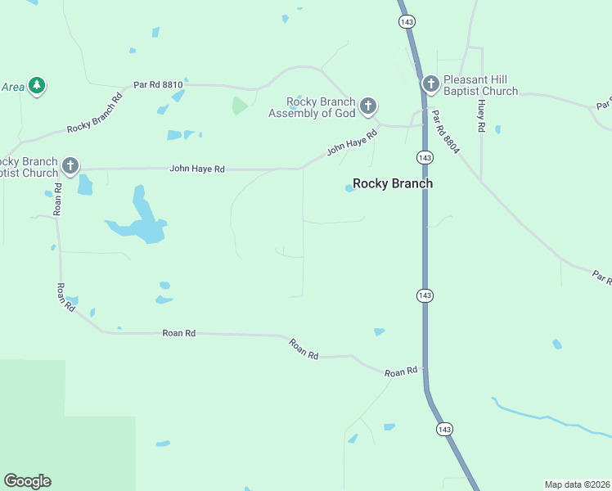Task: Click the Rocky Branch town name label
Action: [x=392, y=184]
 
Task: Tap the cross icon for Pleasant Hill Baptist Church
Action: [x=430, y=83]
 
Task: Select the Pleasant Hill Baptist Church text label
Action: [x=480, y=86]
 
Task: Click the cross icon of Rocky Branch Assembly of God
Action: [x=368, y=105]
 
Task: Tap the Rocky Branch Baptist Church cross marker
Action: [x=70, y=166]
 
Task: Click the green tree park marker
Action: [x=36, y=85]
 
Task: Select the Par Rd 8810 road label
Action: [x=159, y=85]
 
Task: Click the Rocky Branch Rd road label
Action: [x=94, y=113]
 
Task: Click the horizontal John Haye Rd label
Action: [x=196, y=169]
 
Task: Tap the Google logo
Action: [x=27, y=481]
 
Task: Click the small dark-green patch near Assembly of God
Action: [x=239, y=106]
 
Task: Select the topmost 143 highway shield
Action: [x=407, y=22]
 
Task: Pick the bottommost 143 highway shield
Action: [x=444, y=429]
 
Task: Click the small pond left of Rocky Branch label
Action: [x=349, y=188]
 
